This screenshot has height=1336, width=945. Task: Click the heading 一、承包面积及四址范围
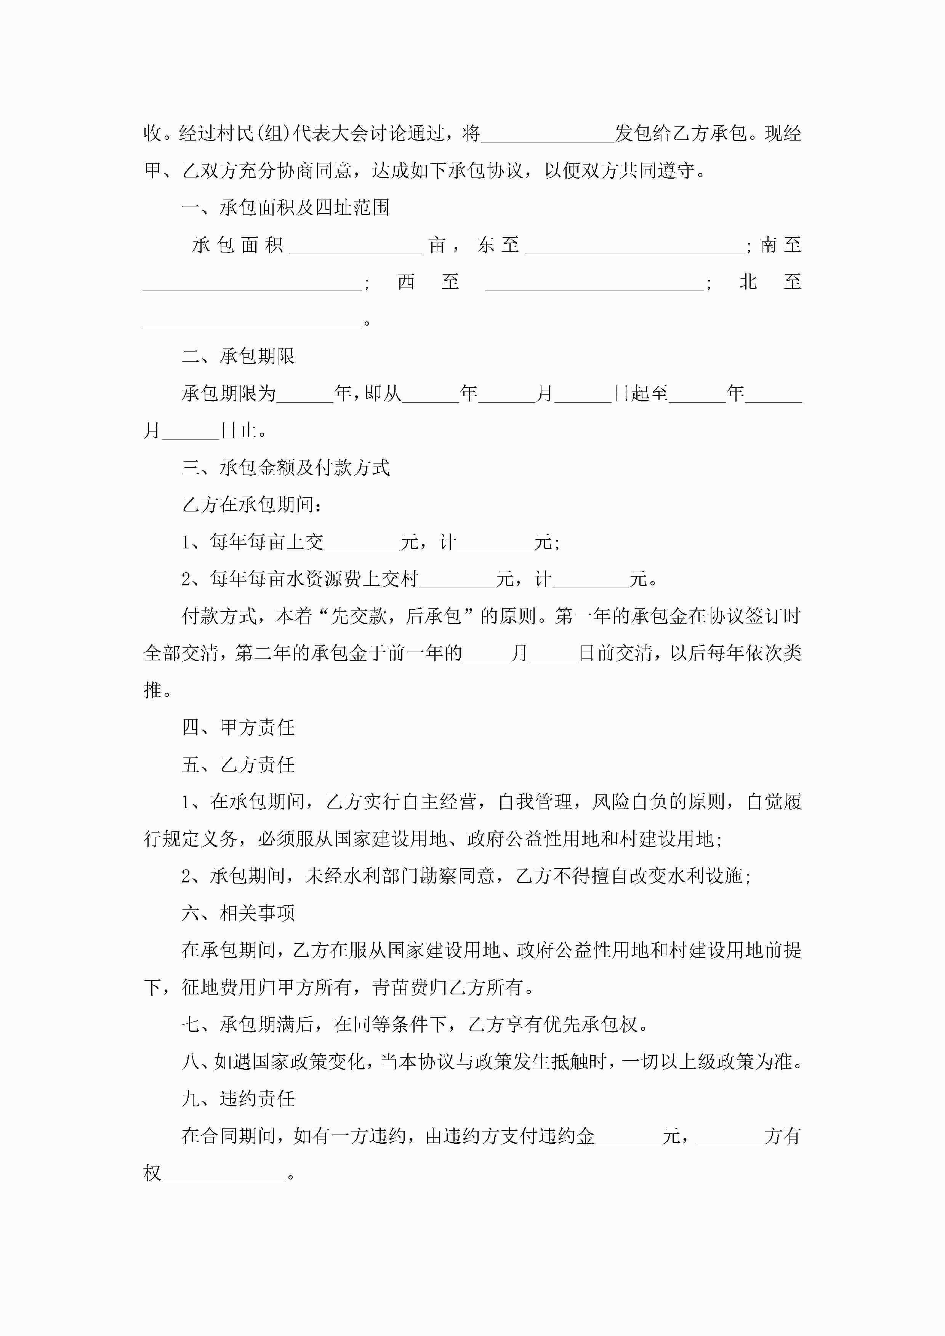[x=285, y=208]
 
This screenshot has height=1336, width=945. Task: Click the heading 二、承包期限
[x=238, y=356]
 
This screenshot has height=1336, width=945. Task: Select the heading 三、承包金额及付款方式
[x=285, y=467]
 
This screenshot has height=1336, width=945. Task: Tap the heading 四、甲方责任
[x=238, y=727]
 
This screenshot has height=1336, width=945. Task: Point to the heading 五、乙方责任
[x=238, y=765]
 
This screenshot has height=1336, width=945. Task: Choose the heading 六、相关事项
[x=238, y=913]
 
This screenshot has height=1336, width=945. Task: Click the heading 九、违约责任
[x=238, y=1099]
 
